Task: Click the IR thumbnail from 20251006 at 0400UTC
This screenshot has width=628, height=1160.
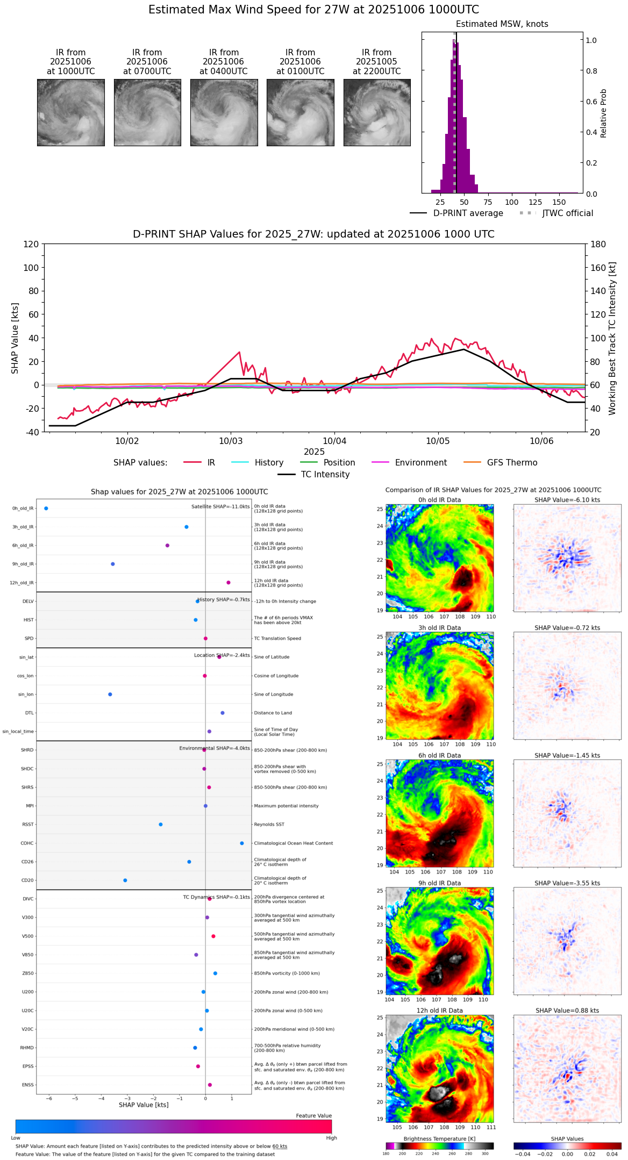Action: (x=224, y=112)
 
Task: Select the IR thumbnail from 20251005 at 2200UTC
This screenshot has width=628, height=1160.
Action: (x=377, y=112)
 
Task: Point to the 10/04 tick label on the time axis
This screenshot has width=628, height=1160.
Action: (x=334, y=441)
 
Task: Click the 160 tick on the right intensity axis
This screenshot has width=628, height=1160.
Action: (x=598, y=268)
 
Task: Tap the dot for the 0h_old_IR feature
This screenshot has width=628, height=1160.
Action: (x=46, y=508)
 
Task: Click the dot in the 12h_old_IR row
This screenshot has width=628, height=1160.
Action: (x=229, y=582)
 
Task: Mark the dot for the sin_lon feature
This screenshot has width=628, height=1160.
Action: (x=110, y=694)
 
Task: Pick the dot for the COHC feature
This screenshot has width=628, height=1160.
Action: (x=242, y=843)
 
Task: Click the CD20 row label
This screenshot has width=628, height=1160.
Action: (x=27, y=880)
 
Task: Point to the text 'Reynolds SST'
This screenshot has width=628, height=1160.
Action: (x=269, y=825)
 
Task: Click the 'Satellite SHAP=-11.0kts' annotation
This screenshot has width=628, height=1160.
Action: (x=220, y=507)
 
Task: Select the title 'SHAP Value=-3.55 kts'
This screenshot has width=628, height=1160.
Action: (x=567, y=883)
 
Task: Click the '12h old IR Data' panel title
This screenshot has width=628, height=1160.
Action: (x=439, y=1011)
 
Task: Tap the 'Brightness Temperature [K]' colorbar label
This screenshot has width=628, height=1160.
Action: (x=439, y=1138)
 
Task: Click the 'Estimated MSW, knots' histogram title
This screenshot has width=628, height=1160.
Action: (x=502, y=24)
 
